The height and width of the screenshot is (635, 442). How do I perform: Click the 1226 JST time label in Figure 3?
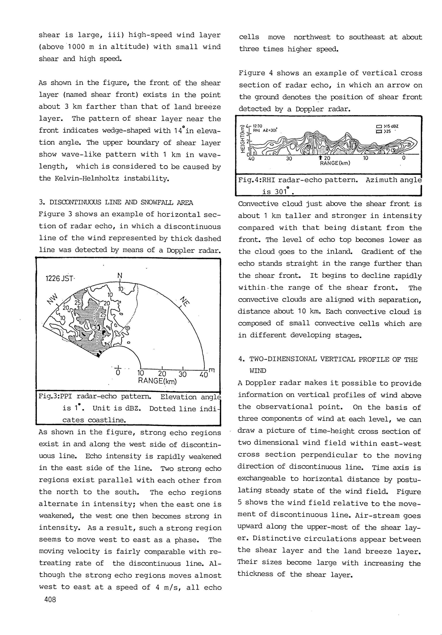(x=59, y=278)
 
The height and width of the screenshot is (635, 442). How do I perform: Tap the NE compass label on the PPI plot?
(x=184, y=301)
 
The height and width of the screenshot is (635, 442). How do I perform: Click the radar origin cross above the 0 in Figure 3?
(x=118, y=367)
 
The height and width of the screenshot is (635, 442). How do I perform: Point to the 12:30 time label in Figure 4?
(x=258, y=126)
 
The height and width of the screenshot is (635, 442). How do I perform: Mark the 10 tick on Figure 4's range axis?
(x=366, y=158)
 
